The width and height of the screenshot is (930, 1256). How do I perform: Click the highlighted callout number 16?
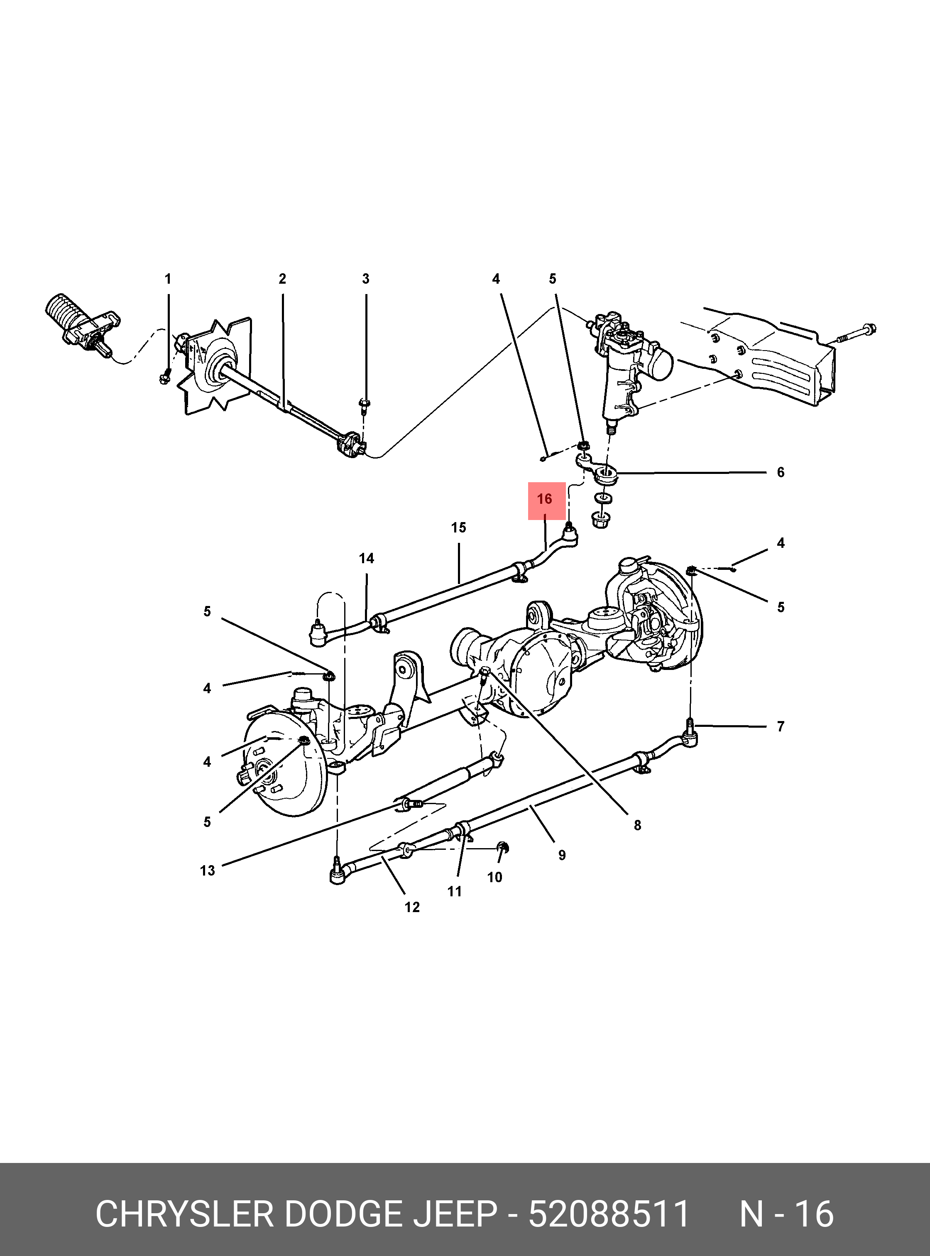click(544, 499)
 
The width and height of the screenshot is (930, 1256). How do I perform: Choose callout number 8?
click(637, 825)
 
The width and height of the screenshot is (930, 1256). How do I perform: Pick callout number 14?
click(367, 558)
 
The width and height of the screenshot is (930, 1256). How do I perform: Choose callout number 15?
click(458, 528)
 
